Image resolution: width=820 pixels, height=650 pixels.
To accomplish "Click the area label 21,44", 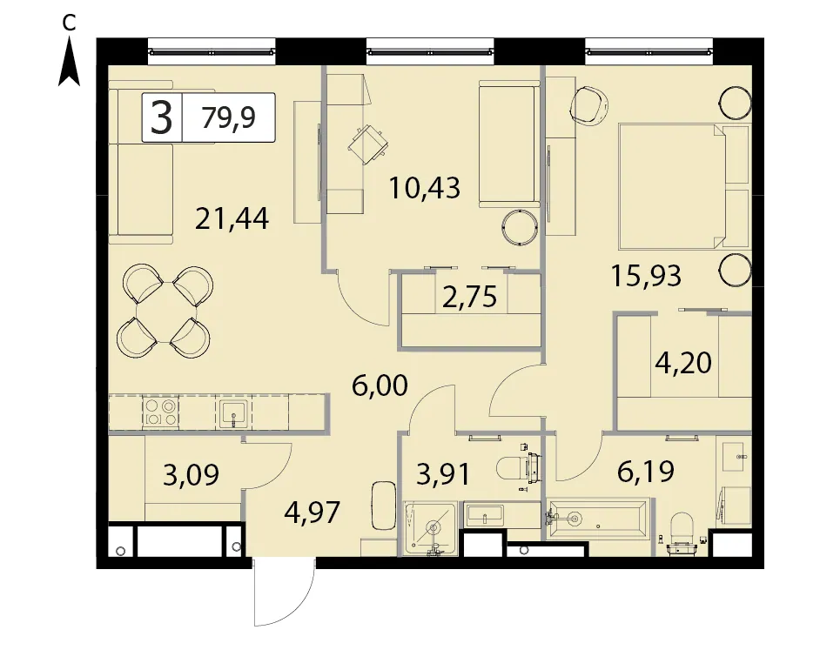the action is pyautogui.click(x=232, y=218).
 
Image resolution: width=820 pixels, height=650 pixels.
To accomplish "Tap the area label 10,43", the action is pyautogui.click(x=425, y=188).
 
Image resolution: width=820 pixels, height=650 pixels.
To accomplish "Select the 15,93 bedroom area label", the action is pyautogui.click(x=647, y=276).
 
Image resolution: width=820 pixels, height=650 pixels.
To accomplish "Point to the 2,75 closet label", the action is pyautogui.click(x=469, y=297).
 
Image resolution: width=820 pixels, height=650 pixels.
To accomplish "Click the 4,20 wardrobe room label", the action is pyautogui.click(x=683, y=362).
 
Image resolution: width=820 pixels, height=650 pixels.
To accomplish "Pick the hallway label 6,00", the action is pyautogui.click(x=380, y=386).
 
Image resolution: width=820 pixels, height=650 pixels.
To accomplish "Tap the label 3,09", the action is pyautogui.click(x=191, y=475).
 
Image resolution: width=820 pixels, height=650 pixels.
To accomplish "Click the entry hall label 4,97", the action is pyautogui.click(x=313, y=513).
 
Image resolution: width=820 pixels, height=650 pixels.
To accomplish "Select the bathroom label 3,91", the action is pyautogui.click(x=443, y=475).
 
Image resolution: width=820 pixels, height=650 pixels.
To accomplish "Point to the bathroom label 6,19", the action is pyautogui.click(x=646, y=472).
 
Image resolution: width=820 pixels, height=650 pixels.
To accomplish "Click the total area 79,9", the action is pyautogui.click(x=229, y=117).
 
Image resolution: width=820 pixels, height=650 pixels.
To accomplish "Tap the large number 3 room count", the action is pyautogui.click(x=161, y=117).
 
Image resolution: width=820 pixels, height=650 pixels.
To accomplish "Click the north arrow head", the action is pyautogui.click(x=69, y=64).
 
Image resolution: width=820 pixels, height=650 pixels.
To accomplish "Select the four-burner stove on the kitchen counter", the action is pyautogui.click(x=160, y=412).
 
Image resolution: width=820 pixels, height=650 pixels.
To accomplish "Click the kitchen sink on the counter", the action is pyautogui.click(x=233, y=412).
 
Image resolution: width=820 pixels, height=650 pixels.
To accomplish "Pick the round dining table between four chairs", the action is pyautogui.click(x=165, y=312).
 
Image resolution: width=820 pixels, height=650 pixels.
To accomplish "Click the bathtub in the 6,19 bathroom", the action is pyautogui.click(x=598, y=519).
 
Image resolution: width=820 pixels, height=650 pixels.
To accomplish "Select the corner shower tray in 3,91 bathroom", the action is pyautogui.click(x=431, y=528).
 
